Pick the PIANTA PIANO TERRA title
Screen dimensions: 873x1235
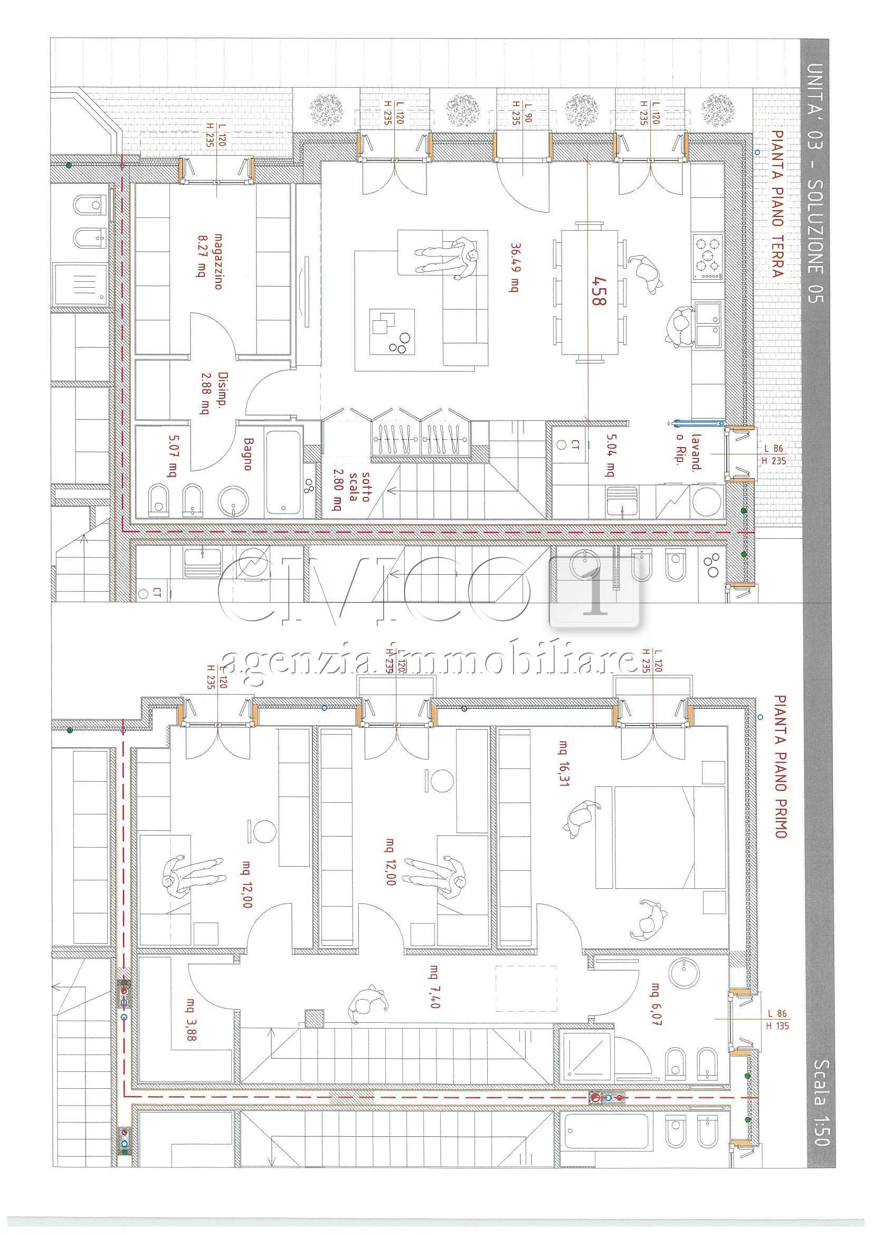776,204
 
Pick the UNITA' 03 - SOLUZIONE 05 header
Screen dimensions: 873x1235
815,183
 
